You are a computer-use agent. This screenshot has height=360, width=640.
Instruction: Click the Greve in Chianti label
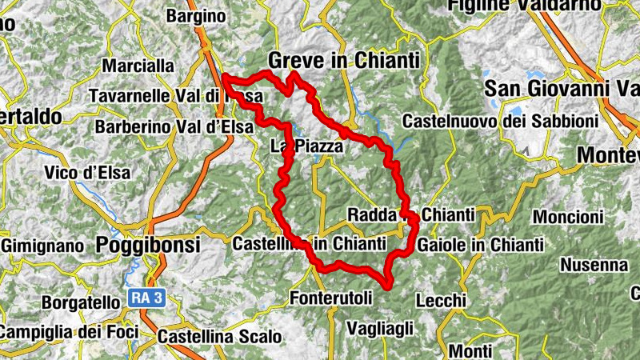pyautogui.click(x=344, y=61)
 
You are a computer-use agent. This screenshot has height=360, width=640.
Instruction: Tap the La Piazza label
pyautogui.click(x=306, y=146)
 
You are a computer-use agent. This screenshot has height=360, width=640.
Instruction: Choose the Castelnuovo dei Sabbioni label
pyautogui.click(x=500, y=122)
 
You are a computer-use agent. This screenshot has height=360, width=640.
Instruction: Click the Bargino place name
pyautogui.click(x=196, y=15)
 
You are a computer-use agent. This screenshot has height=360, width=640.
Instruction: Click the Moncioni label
pyautogui.click(x=567, y=217)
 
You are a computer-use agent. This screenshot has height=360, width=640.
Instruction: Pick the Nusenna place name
pyautogui.click(x=594, y=264)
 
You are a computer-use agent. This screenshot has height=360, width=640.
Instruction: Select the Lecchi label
pyautogui.click(x=441, y=300)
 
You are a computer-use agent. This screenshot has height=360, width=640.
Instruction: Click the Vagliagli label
pyautogui.click(x=381, y=328)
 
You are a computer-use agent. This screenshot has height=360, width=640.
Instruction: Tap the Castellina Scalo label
pyautogui.click(x=219, y=338)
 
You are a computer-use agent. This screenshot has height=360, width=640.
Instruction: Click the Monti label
pyautogui.click(x=470, y=350)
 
